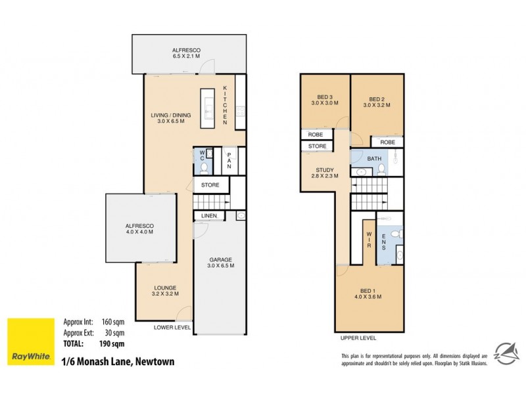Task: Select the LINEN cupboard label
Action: [209, 215]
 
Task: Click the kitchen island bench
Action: [208, 108]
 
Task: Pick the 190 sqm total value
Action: [113, 343]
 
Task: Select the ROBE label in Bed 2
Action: [387, 141]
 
